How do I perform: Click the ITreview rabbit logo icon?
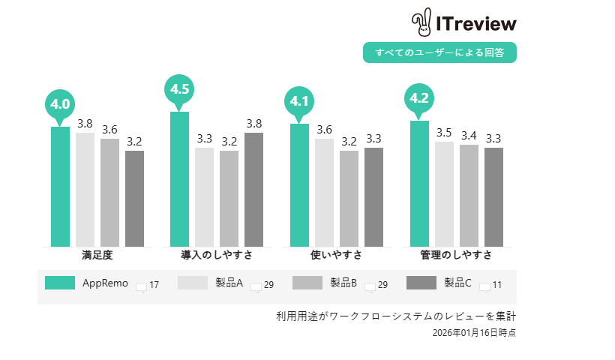pos(421,23)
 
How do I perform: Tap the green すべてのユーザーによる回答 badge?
pos(440,52)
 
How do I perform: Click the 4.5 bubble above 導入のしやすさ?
pos(179,89)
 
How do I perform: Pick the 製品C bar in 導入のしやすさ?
pos(254,189)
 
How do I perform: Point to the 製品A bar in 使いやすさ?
pos(324,192)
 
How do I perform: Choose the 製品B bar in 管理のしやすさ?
pos(469,195)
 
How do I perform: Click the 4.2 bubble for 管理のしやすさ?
pos(418,98)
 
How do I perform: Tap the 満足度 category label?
pos(97,255)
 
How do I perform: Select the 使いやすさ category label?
pos(336,255)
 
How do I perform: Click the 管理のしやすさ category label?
pos(456,255)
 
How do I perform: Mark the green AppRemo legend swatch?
pos(60,283)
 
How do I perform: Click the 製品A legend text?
pos(229,283)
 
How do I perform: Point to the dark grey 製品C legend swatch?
pos(421,283)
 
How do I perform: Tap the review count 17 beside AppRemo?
pos(154,285)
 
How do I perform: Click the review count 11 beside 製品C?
pos(496,285)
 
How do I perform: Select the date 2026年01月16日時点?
pos(474,331)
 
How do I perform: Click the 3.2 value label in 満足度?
pos(134,141)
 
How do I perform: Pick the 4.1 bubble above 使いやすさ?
pos(299,101)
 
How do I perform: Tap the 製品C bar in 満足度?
pos(134,198)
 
